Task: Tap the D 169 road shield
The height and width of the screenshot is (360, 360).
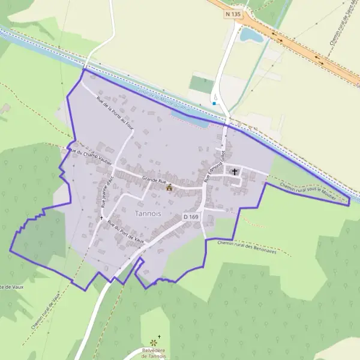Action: pos(191,216)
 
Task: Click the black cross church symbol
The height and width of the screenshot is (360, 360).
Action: pos(235,172)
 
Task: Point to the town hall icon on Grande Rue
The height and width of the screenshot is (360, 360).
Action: pos(169,187)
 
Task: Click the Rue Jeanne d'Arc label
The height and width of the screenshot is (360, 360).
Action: pos(107,192)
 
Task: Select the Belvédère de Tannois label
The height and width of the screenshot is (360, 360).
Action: pos(152,353)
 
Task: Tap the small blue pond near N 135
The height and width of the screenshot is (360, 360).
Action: pos(251,35)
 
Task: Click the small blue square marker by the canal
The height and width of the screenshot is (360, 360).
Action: pos(214,103)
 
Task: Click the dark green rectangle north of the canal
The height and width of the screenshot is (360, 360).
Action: pos(202,84)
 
